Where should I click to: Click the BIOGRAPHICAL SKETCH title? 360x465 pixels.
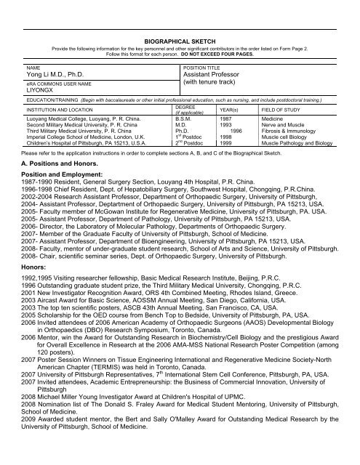[179, 43]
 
